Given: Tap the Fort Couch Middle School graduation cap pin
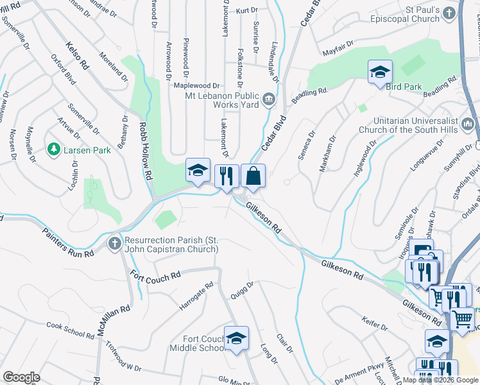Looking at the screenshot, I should (236, 338).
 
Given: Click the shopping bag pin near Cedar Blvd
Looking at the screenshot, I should (253, 176).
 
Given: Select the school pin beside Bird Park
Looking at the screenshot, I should (380, 72).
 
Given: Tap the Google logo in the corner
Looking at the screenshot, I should (21, 377).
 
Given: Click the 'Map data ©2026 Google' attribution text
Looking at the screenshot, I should (440, 380).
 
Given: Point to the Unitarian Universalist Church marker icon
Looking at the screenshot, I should (468, 124).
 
